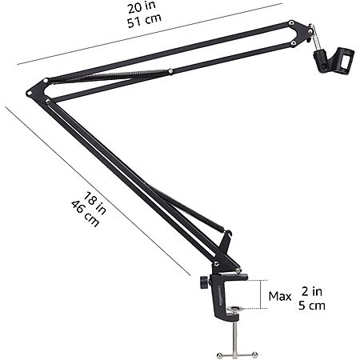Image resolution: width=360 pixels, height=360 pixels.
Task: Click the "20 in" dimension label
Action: [x=142, y=7]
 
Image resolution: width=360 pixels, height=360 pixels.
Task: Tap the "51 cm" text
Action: [x=144, y=20]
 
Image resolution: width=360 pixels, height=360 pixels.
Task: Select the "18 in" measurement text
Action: [x=95, y=203]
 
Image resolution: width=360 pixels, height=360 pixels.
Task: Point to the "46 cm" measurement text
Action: [x=86, y=214]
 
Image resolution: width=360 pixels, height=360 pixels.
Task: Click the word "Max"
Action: [x=280, y=296]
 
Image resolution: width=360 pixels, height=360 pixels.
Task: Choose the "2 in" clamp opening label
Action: [x=312, y=291]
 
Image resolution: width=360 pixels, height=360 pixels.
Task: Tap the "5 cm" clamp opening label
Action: [x=312, y=306]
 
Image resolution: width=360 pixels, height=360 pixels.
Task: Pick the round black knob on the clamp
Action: [x=204, y=282]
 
